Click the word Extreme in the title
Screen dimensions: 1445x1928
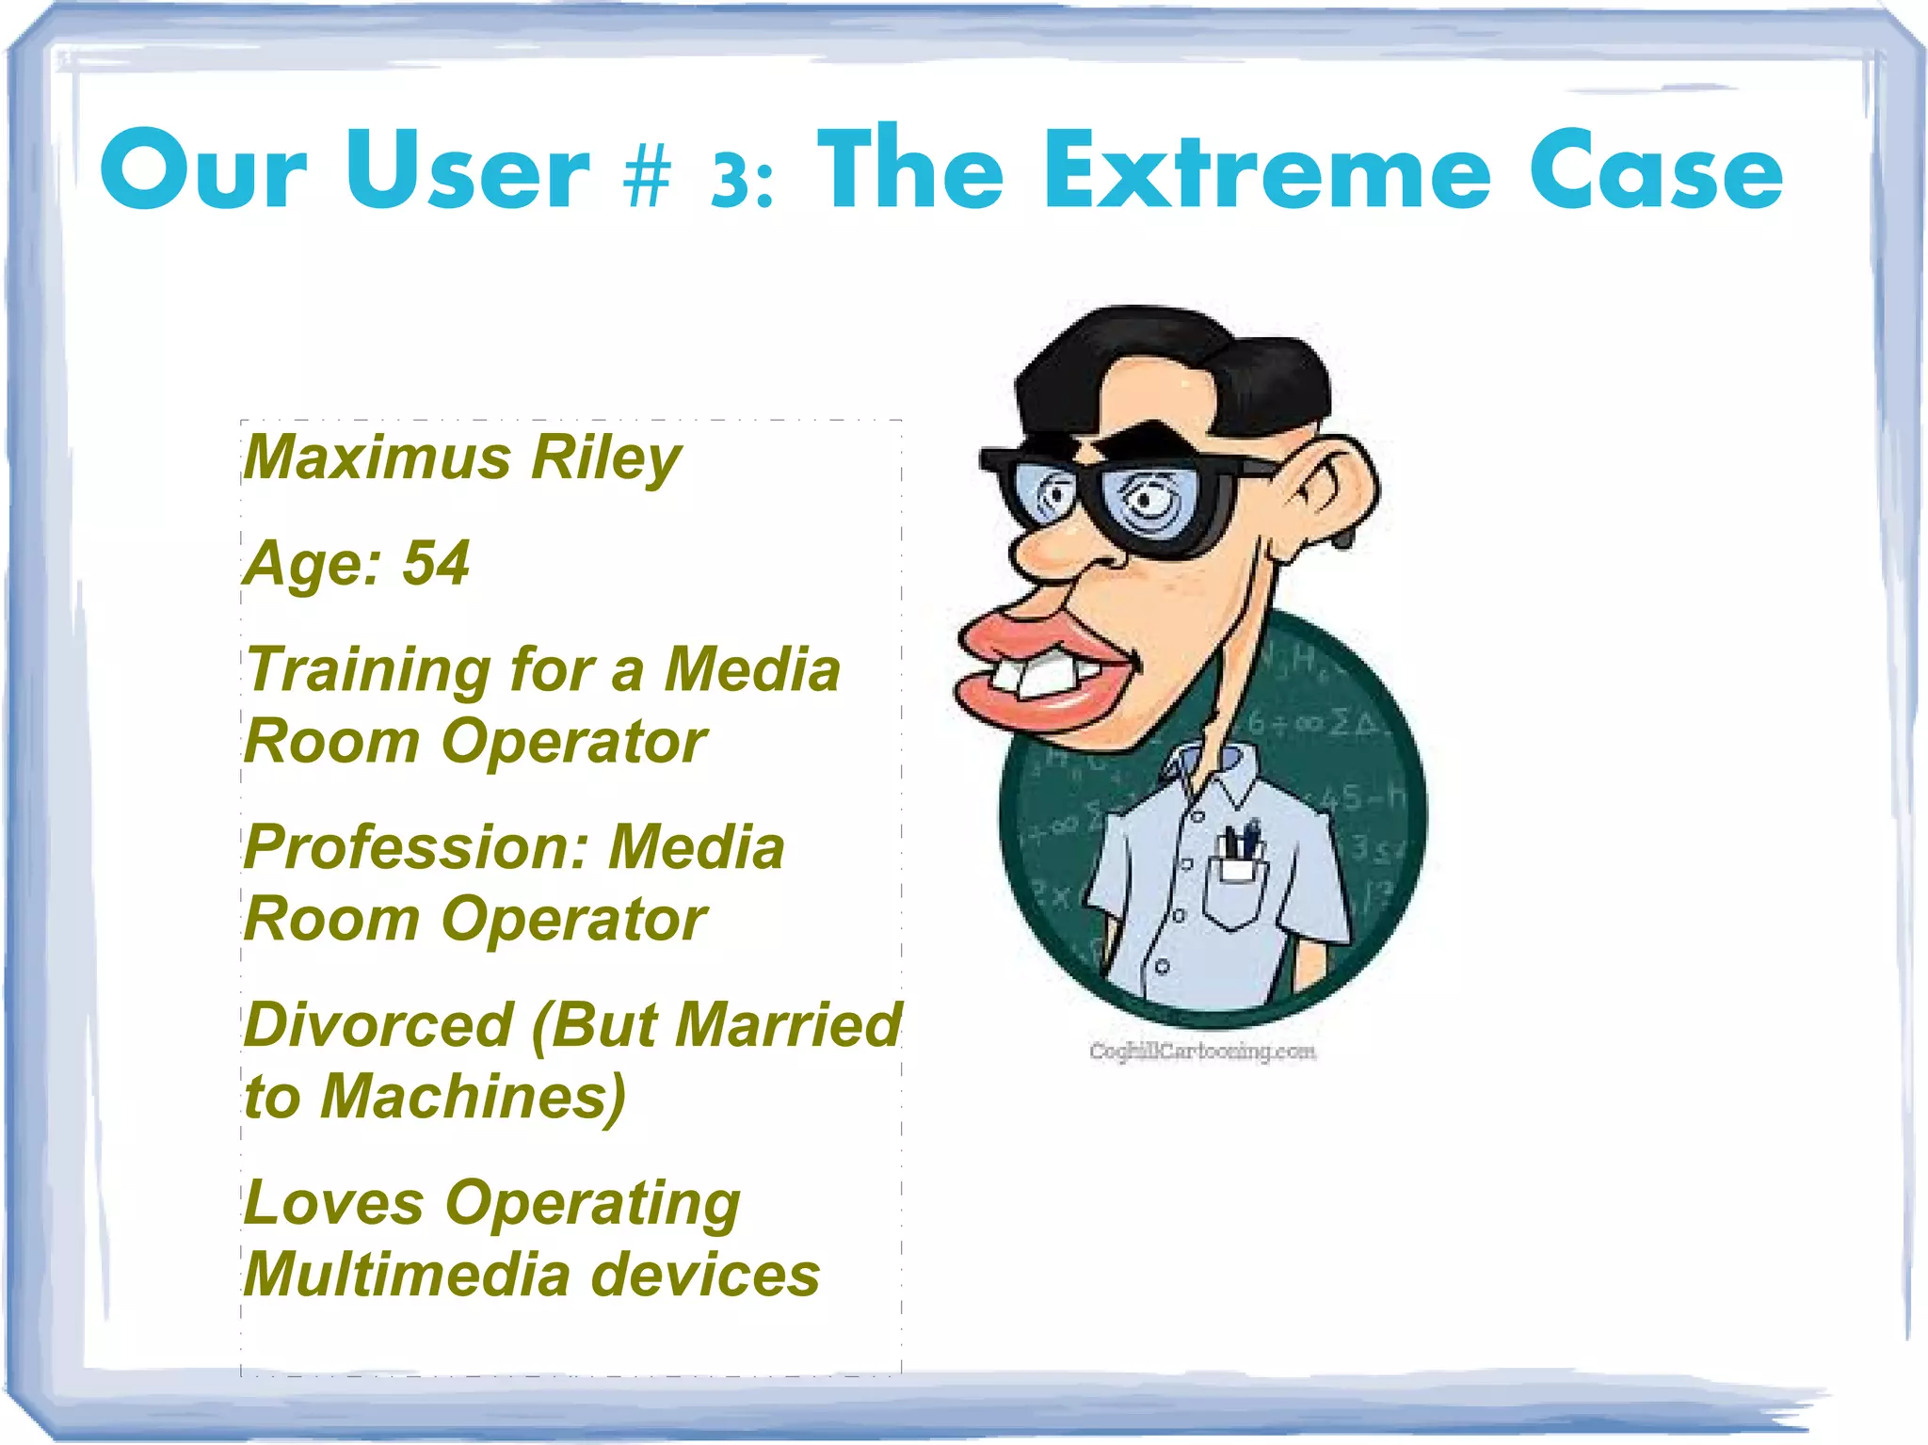pyautogui.click(x=1267, y=172)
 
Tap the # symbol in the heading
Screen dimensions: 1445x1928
pyautogui.click(x=647, y=176)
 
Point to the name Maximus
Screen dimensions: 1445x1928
pyautogui.click(x=378, y=458)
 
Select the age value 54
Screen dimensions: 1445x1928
pyautogui.click(x=436, y=563)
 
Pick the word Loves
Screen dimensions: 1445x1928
pyautogui.click(x=333, y=1203)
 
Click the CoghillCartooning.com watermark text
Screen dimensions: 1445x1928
pyautogui.click(x=1202, y=1051)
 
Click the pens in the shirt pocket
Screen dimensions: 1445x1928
pyautogui.click(x=1241, y=841)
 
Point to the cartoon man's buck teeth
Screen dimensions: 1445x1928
pyautogui.click(x=1040, y=676)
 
